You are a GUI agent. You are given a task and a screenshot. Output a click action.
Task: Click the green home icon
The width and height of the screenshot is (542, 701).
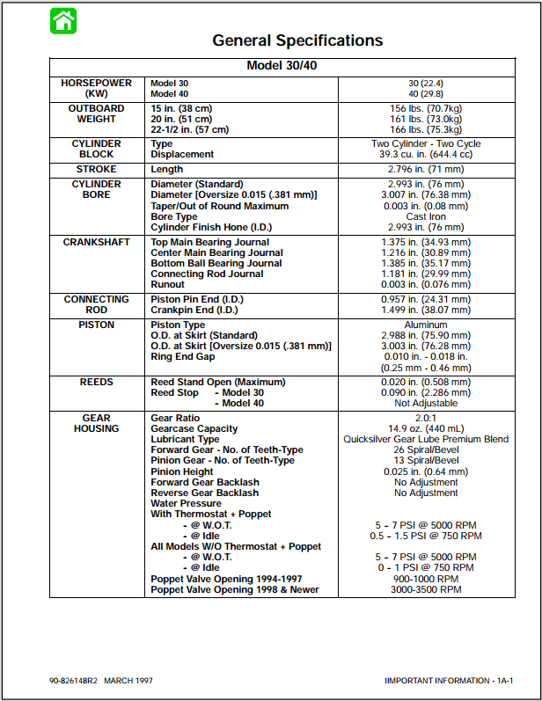point(63,20)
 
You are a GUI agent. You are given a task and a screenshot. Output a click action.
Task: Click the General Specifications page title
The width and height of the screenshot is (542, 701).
point(297,40)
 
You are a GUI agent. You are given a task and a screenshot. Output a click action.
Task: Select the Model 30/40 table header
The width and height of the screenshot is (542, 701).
point(294,66)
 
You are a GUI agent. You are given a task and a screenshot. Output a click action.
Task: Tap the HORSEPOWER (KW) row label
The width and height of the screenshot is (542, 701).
point(97,88)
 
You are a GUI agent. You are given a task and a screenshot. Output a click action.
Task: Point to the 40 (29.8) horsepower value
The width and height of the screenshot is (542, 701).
point(426,93)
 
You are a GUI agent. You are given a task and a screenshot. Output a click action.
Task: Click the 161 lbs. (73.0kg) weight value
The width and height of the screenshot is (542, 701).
point(426,119)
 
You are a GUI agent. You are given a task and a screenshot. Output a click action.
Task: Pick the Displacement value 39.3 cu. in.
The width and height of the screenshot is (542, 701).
point(426,154)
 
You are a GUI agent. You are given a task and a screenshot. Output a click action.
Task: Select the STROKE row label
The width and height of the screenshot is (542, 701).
point(97,169)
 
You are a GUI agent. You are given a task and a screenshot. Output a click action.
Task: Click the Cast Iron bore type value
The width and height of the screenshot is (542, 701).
point(426,216)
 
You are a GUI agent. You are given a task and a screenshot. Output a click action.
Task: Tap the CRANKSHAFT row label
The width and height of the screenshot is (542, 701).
point(97,242)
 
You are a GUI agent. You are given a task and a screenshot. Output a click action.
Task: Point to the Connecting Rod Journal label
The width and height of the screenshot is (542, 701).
point(207,274)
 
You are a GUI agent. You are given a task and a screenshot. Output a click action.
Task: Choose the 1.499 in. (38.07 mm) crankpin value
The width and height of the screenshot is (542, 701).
point(426,310)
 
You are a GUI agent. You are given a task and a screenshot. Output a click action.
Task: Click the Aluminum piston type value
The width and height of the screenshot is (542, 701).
point(426,325)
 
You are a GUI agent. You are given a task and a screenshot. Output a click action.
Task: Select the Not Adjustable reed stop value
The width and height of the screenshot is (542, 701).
point(426,403)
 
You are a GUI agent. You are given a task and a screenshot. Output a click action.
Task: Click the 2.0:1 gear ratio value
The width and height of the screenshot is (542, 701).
point(426,418)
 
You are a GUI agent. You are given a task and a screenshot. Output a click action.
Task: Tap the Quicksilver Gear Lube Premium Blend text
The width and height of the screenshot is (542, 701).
point(426,439)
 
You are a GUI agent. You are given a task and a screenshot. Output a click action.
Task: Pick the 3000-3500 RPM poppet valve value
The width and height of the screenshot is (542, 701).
point(426,589)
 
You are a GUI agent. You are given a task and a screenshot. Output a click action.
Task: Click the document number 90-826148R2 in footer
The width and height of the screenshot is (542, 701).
point(74,681)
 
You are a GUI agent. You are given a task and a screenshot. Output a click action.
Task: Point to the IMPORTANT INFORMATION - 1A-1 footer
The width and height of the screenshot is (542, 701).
point(449,681)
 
